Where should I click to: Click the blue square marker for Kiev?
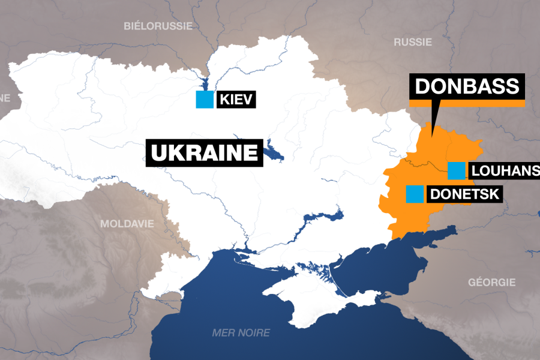205,100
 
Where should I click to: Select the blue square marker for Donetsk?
414,194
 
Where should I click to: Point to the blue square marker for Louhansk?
457,171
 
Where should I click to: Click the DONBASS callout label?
467,86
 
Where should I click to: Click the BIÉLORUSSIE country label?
158,26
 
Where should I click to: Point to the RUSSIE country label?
412,42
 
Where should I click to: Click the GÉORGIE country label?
491,282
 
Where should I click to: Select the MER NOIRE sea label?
241,333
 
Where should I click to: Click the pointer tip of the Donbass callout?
433,125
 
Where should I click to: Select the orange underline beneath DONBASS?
467,103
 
